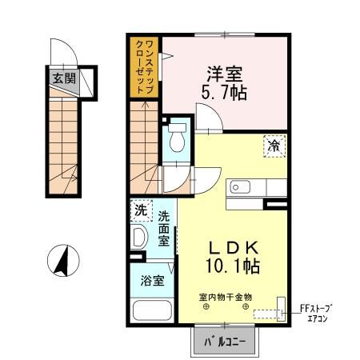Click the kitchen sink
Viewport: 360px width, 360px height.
click(x=240, y=186)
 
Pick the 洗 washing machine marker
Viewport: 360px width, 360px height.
click(x=141, y=212)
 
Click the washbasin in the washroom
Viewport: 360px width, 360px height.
click(x=138, y=239)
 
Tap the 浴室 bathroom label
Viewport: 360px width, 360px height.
click(x=153, y=281)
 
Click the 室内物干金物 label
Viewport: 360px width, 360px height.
click(x=226, y=296)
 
